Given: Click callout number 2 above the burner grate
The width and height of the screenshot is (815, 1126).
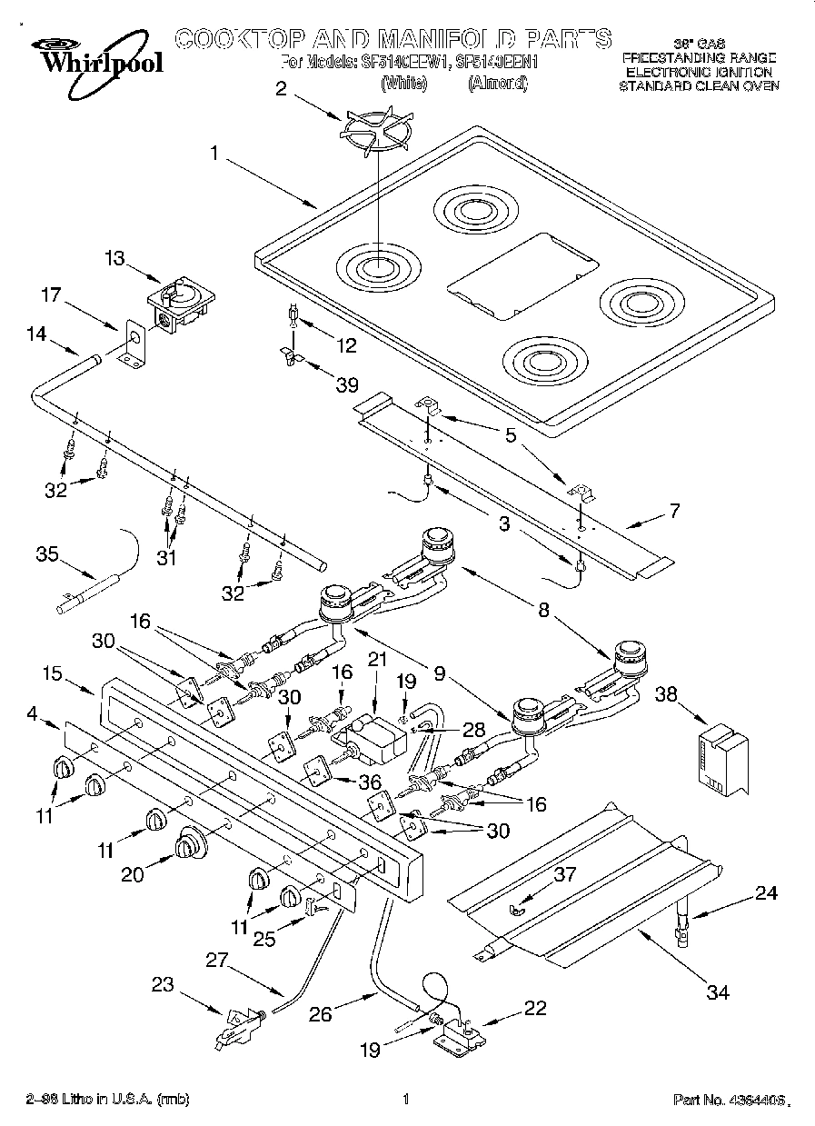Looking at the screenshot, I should point(281,89).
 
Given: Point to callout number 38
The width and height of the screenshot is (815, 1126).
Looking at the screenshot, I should point(667,693).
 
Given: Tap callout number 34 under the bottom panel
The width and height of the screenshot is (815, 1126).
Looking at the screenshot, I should point(718,991).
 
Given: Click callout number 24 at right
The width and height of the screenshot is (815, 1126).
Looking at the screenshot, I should point(768,893).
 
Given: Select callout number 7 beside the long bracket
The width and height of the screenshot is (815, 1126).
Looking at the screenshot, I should point(673,511).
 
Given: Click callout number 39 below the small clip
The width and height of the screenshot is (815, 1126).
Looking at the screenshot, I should point(346,384).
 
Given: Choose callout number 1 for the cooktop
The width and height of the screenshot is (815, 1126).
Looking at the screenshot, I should point(214,154).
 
